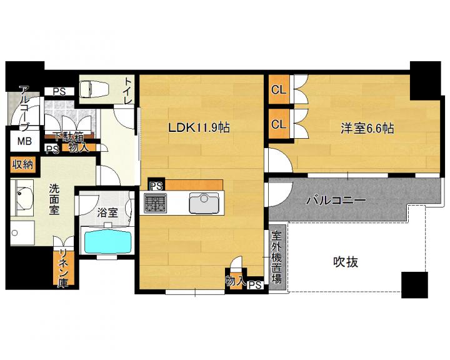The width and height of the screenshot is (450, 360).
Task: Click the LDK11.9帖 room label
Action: click(x=199, y=127)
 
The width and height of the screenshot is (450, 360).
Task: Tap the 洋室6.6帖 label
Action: click(x=367, y=128)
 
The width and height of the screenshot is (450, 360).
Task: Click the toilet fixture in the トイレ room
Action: click(x=94, y=88)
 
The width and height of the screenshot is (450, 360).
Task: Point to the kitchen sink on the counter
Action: click(x=204, y=202)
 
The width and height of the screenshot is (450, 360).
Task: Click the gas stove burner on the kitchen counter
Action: click(x=155, y=203)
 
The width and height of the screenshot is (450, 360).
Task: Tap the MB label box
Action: click(x=24, y=141)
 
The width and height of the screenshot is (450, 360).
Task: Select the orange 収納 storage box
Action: click(x=23, y=165)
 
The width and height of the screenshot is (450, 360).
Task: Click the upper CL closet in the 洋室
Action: click(x=279, y=89)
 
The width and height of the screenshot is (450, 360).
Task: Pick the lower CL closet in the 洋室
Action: click(x=279, y=124)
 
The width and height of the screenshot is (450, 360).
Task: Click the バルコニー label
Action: click(x=336, y=200)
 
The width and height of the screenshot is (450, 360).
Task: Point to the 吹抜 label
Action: click(x=346, y=262)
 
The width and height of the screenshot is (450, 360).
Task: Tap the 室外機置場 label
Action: click(x=276, y=257)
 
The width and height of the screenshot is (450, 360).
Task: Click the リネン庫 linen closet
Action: click(x=63, y=268)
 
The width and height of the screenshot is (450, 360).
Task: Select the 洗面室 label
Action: click(x=54, y=199)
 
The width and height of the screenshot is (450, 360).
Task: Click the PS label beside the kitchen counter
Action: click(x=156, y=186)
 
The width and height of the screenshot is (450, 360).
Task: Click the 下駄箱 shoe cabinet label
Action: click(x=68, y=136)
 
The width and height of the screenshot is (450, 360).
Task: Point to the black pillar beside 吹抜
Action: click(x=414, y=285)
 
